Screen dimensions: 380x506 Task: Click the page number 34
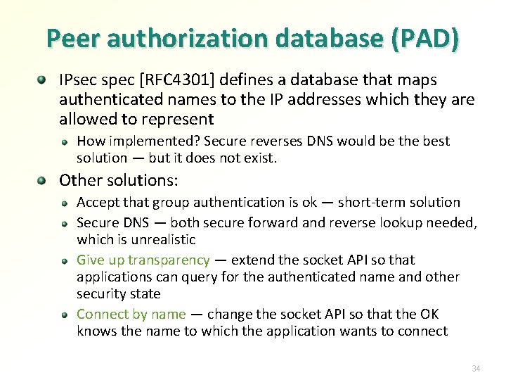pos(476,368)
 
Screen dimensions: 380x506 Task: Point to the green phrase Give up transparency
pos(143,260)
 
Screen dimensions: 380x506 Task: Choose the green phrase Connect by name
pos(131,314)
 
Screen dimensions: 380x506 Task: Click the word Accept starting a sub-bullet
pos(97,203)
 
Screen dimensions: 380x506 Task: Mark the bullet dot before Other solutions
pos(44,180)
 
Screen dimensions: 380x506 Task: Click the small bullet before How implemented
pos(64,141)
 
